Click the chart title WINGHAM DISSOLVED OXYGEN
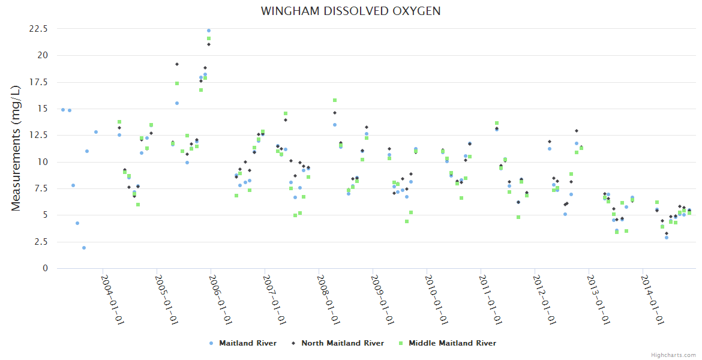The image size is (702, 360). [x=350, y=11]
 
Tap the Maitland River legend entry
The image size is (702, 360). [x=247, y=343]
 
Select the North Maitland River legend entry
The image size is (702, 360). [x=342, y=343]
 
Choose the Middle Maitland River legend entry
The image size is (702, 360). [x=452, y=343]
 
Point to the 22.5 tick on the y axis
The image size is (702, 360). [x=38, y=29]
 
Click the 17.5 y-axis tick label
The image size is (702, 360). [x=38, y=82]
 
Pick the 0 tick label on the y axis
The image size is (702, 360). [x=45, y=268]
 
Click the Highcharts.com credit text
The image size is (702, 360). [x=673, y=355]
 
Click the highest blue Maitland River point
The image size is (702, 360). [x=209, y=31]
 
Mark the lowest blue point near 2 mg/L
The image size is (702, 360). [x=84, y=248]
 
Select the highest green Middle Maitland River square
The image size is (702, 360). [x=209, y=38]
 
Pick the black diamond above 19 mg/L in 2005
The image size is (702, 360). [x=177, y=64]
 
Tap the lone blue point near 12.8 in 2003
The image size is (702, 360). [x=96, y=132]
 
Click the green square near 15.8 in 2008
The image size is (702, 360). [x=335, y=100]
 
